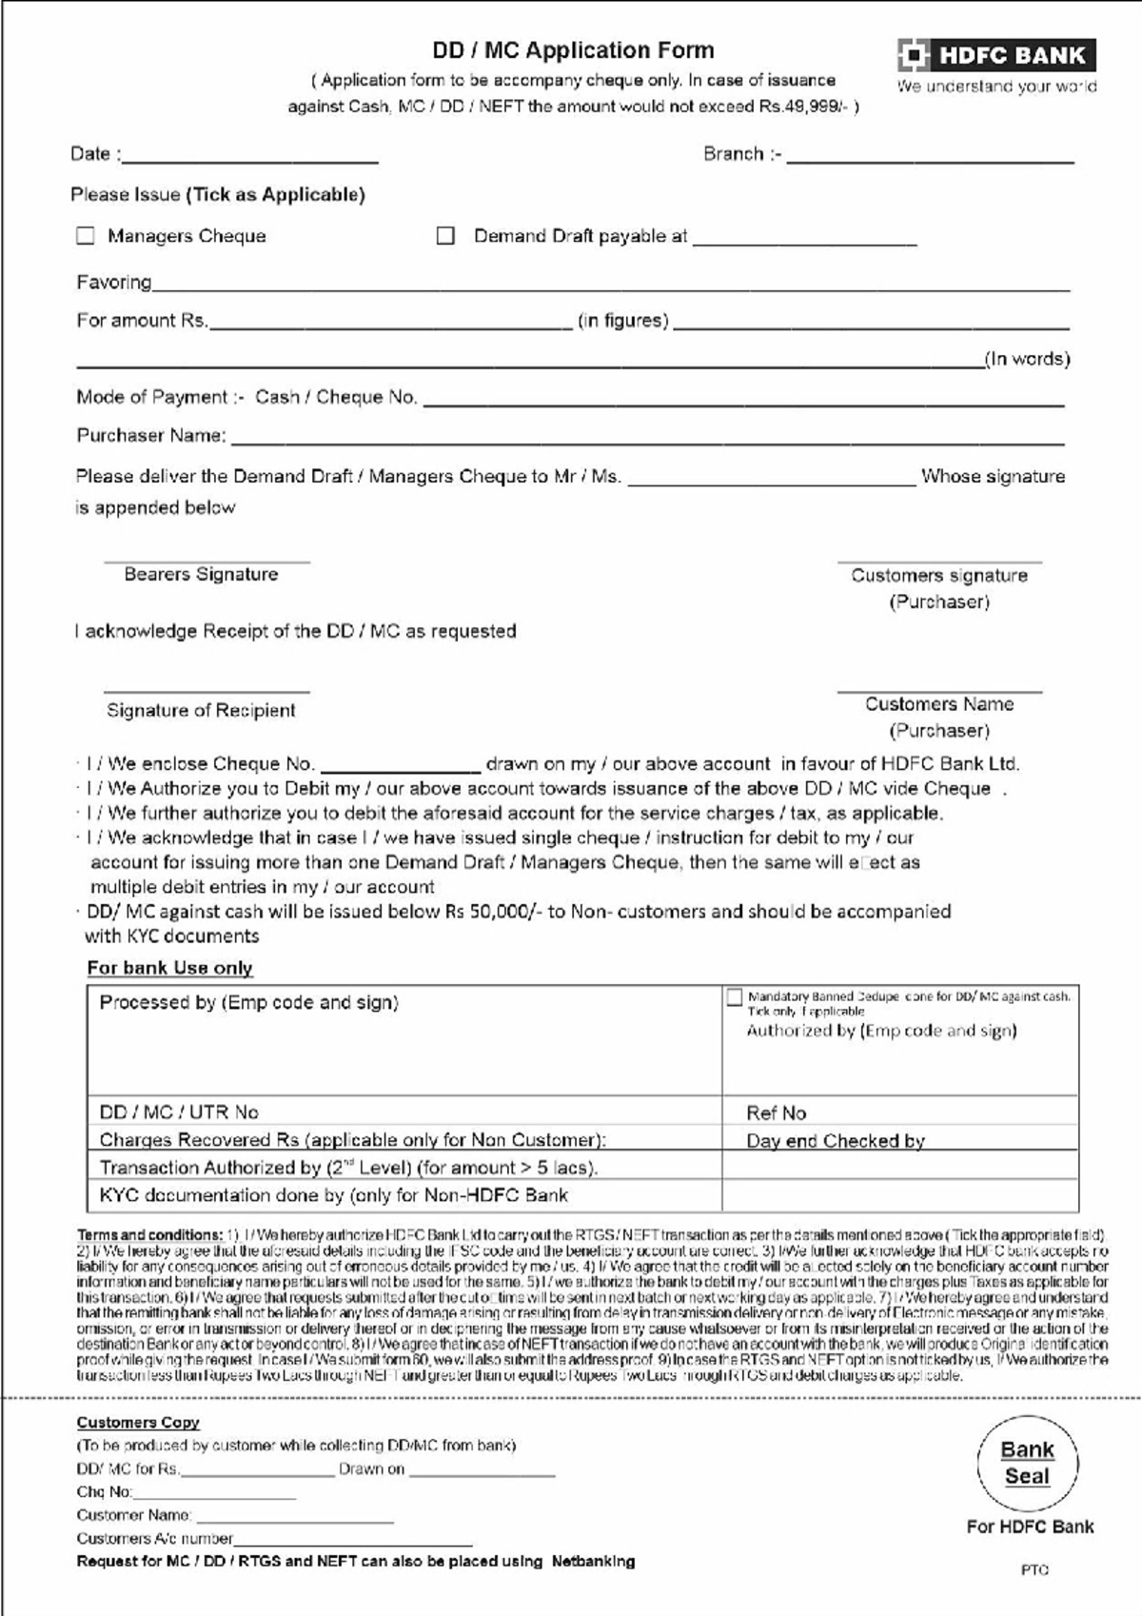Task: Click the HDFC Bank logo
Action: click(995, 55)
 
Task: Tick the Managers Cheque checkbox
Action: click(86, 235)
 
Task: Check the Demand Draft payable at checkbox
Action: click(445, 235)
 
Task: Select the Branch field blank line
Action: click(930, 160)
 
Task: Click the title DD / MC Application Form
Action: click(573, 50)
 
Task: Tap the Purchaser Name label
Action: click(151, 436)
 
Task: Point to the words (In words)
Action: click(1027, 359)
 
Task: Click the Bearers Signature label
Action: click(201, 574)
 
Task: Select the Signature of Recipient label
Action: click(201, 710)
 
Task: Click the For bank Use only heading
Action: click(169, 968)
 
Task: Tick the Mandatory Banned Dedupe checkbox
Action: click(734, 997)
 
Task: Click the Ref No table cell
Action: click(899, 1112)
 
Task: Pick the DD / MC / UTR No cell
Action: click(404, 1112)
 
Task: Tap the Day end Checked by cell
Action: click(899, 1140)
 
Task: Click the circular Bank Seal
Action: click(1028, 1463)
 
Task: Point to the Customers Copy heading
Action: click(138, 1422)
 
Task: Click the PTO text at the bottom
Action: click(1034, 1569)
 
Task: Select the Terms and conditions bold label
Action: click(149, 1234)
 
